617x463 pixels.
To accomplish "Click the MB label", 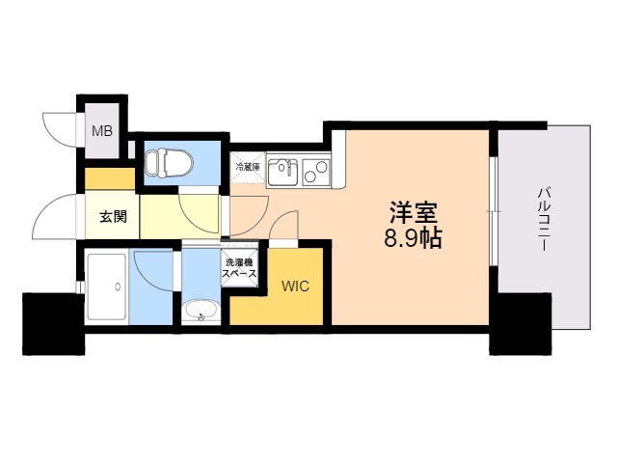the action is coord(102,131).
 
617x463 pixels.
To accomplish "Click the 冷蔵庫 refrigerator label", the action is coord(248,166).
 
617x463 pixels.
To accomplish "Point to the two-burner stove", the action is coord(316,172).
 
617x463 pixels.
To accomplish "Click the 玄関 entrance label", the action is coord(113,216).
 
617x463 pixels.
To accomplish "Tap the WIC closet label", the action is coord(295,286).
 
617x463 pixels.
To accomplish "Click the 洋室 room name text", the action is coord(414,212).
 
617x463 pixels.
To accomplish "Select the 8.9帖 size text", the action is coord(413,237).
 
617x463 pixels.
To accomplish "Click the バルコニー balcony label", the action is coord(544,219).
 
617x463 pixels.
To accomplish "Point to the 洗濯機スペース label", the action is coord(239,268).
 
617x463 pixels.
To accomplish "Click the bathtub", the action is coord(107,286).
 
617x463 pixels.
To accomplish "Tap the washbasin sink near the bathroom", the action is coord(201,311).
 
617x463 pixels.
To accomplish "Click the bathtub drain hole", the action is coord(118,286).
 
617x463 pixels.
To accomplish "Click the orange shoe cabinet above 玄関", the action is coord(110,178).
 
